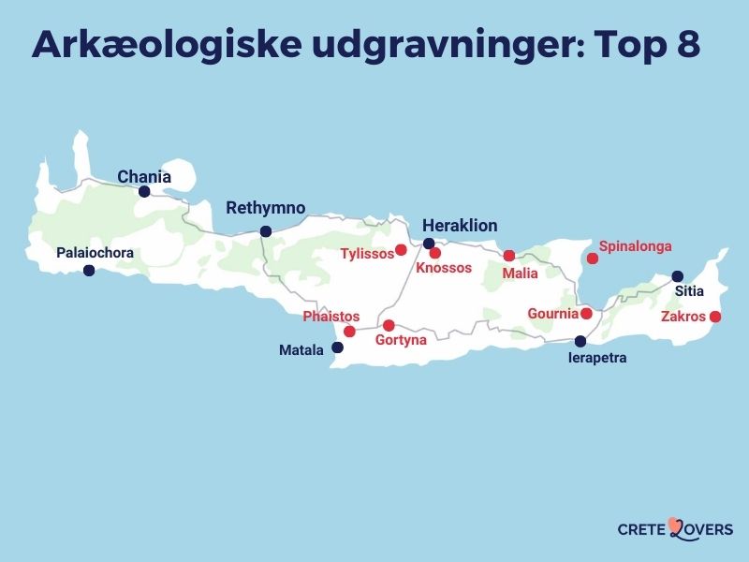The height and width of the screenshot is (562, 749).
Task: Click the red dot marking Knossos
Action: point(435,253)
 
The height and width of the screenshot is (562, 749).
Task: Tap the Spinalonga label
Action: point(635,246)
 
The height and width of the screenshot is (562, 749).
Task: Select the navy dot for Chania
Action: point(144,191)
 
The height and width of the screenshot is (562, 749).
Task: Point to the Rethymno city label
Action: point(266,208)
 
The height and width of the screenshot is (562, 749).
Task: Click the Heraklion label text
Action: point(460,226)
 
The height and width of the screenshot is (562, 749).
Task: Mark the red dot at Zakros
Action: point(715,317)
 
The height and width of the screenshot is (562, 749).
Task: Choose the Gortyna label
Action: point(401,340)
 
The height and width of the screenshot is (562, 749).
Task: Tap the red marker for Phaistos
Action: point(349,332)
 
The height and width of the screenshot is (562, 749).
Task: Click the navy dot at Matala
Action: point(338,348)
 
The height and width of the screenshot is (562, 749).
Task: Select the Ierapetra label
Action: point(598,358)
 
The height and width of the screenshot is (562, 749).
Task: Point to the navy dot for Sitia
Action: point(678,276)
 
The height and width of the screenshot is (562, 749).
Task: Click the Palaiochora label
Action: point(95,253)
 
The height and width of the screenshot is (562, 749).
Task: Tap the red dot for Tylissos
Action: point(401,249)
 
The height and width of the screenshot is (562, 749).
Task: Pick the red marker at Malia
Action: point(509,256)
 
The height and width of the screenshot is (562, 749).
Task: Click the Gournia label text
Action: point(552,313)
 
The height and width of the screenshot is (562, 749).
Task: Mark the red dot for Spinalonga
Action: point(592,258)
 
